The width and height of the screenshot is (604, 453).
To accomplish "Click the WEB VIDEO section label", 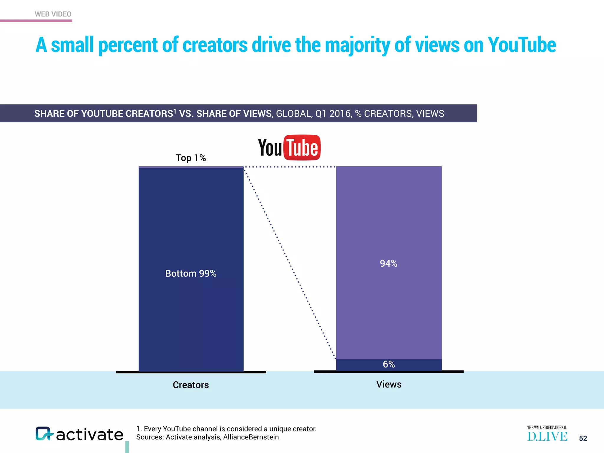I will pos(53,14).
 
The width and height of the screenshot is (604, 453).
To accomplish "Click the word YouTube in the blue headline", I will pos(522,45).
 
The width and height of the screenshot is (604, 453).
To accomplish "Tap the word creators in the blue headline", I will pos(215,45).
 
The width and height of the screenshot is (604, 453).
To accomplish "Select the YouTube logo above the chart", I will pos(289,147).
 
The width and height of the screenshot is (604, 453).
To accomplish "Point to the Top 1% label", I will pos(191,158).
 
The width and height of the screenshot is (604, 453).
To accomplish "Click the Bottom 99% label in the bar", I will pos(191,273).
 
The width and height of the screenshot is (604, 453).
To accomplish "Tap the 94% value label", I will pos(389,263).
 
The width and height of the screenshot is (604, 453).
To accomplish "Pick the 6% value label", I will pos(389,364).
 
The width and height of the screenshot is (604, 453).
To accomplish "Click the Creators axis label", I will pos(191,385).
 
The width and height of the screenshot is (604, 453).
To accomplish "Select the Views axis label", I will pos(389,384).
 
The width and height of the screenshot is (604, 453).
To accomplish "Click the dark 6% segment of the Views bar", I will pos(354,365).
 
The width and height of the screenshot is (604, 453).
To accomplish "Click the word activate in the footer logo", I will pos(90,435).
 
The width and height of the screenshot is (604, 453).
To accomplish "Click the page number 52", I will pos(583,438).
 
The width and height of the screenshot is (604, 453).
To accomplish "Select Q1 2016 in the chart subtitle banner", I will pos(334,114).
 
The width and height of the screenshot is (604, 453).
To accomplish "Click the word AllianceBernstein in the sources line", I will pos(251,437).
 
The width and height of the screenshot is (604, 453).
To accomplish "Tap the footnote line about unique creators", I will pos(226,429).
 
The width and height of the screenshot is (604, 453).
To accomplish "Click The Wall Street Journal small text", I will pos(547,428).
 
